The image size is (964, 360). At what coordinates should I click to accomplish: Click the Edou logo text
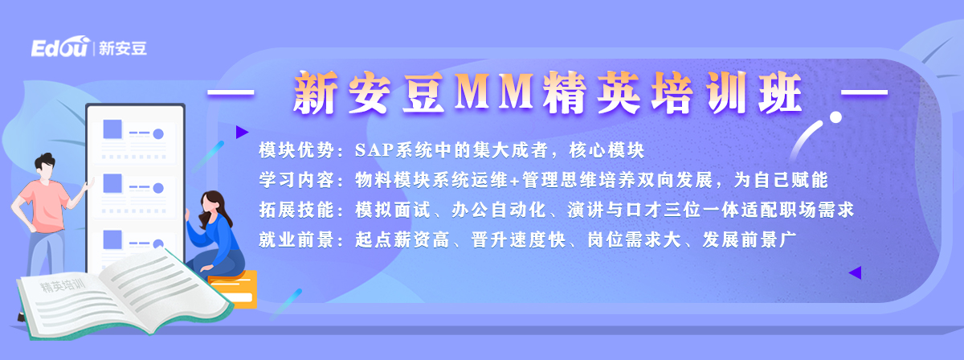(x=60, y=47)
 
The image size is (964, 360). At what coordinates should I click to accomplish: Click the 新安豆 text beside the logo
(x=123, y=48)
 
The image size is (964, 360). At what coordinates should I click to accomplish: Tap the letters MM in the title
(x=495, y=92)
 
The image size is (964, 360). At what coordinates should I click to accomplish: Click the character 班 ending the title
(x=780, y=92)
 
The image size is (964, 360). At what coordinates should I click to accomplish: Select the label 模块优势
(x=296, y=150)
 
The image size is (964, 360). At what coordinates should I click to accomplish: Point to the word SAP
(x=374, y=150)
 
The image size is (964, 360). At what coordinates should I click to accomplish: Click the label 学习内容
(x=296, y=180)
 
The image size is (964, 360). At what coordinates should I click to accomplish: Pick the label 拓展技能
(x=296, y=210)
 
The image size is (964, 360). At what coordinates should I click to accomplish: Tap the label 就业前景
(x=296, y=239)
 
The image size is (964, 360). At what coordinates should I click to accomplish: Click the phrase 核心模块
(x=607, y=150)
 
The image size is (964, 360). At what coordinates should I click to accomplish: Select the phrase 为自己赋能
(x=781, y=180)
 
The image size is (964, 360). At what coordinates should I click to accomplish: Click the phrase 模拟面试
(x=393, y=210)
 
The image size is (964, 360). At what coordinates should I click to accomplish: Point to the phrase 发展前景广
(x=750, y=239)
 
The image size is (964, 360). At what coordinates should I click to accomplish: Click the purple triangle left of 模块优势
(x=242, y=133)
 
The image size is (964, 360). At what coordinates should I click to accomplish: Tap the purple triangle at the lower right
(x=856, y=272)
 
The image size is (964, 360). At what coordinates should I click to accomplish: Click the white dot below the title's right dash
(x=835, y=117)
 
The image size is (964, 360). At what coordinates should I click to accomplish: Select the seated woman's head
(x=212, y=202)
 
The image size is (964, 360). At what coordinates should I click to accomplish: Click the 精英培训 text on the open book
(x=63, y=285)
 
